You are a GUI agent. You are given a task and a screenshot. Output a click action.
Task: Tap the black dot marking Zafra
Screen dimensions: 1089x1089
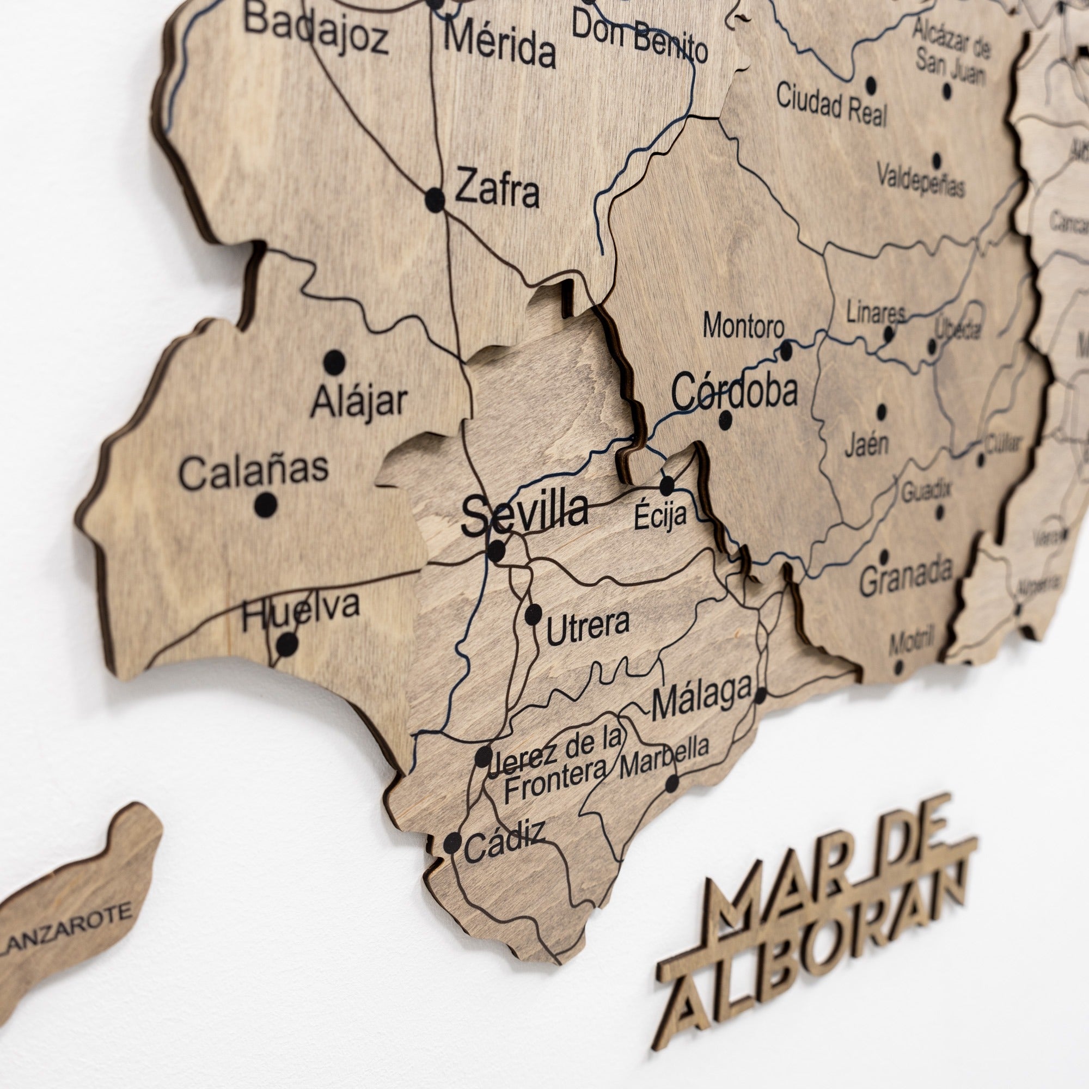coord(435,199)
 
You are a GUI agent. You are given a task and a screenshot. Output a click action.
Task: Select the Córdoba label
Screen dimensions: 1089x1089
coord(735,390)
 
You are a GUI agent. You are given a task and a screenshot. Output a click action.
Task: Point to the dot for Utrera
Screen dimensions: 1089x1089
coord(533,614)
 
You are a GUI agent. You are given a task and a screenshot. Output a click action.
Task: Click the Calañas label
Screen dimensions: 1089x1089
coord(253,471)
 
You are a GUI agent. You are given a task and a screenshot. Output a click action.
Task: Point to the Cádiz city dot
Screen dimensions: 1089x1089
coord(452,843)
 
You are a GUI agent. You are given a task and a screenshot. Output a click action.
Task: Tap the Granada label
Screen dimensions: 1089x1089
coord(906,577)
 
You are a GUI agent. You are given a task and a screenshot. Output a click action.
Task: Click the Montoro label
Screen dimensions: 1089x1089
coord(743,326)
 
